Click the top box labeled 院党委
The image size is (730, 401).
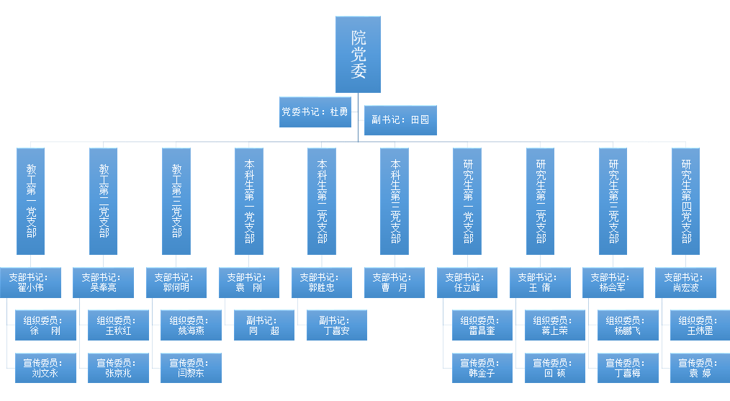pyautogui.click(x=358, y=55)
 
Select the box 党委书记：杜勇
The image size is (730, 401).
pyautogui.click(x=315, y=112)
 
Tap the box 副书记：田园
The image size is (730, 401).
pyautogui.click(x=400, y=120)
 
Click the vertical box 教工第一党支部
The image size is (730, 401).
pyautogui.click(x=31, y=201)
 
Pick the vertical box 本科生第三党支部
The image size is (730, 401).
pyautogui.click(x=395, y=201)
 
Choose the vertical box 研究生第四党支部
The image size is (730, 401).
pyautogui.click(x=686, y=201)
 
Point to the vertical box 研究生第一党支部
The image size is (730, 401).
pyautogui.click(x=467, y=201)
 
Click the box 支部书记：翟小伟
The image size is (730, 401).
pyautogui.click(x=31, y=283)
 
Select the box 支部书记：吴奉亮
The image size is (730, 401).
pyautogui.click(x=104, y=283)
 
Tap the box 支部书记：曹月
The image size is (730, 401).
pyautogui.click(x=395, y=283)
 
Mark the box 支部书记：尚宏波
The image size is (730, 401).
pyautogui.click(x=686, y=283)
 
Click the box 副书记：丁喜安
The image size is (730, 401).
pyautogui.click(x=337, y=325)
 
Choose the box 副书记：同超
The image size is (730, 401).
pyautogui.click(x=264, y=325)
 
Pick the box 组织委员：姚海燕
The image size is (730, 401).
pyautogui.click(x=191, y=325)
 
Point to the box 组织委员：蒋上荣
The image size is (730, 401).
pyautogui.click(x=555, y=325)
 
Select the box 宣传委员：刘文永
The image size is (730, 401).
pyautogui.click(x=45, y=368)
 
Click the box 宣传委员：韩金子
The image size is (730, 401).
pyautogui.click(x=482, y=368)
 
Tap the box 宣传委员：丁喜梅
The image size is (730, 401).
pyautogui.click(x=628, y=368)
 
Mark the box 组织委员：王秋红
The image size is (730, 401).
pyautogui.click(x=118, y=325)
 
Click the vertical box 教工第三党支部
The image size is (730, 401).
pyautogui.click(x=176, y=201)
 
